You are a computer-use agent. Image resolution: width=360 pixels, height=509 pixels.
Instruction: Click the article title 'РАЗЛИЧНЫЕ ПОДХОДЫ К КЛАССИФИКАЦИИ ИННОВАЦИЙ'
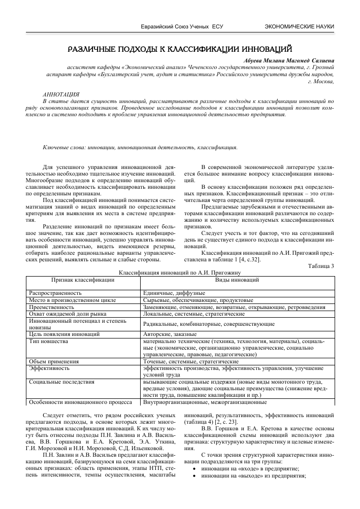coord(180,49)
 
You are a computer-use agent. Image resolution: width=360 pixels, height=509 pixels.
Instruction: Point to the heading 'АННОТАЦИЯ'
coord(60,94)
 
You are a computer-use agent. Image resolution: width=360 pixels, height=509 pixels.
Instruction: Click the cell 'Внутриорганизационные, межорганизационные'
coord(205,402)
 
